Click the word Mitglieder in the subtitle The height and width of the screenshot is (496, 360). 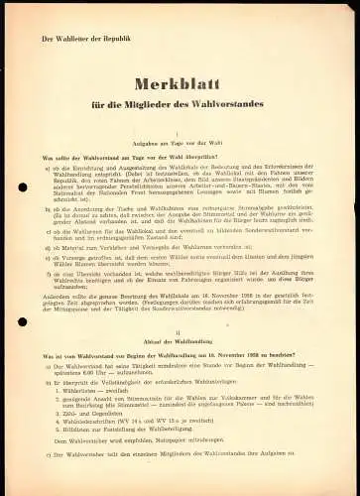click(x=164, y=102)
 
